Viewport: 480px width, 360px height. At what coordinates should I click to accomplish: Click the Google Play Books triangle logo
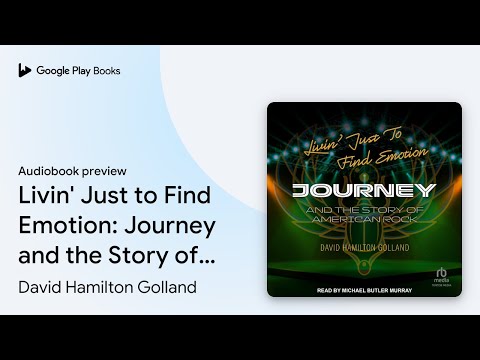[x=25, y=71]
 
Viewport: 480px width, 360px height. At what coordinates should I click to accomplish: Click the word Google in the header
[x=53, y=71]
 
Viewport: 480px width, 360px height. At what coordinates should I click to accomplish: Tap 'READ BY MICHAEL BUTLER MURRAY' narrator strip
[x=364, y=290]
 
